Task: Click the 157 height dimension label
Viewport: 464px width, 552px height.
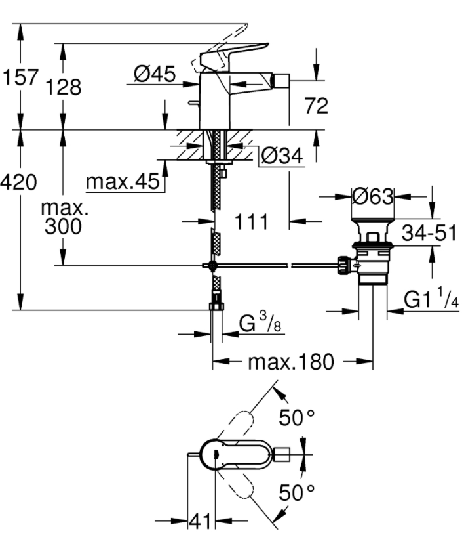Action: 20,77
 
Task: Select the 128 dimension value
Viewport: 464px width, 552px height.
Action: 64,87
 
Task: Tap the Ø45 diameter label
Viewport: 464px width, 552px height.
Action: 155,74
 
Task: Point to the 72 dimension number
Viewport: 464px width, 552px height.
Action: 317,105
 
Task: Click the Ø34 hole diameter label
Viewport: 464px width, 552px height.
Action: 282,156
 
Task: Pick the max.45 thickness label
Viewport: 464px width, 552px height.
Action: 123,182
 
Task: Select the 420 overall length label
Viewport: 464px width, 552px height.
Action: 18,182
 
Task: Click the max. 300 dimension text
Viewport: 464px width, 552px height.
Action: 64,217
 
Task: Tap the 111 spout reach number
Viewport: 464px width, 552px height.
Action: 251,222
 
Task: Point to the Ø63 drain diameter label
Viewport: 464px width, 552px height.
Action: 373,196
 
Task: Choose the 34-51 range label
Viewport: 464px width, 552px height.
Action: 429,233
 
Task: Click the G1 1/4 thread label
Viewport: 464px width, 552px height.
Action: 431,299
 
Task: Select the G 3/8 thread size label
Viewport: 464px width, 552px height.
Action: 260,323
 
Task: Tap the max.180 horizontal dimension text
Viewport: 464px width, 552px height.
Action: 291,362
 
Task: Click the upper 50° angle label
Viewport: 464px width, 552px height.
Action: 296,417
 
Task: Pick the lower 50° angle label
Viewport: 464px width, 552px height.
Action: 296,492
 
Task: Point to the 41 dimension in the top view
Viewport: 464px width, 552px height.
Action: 200,521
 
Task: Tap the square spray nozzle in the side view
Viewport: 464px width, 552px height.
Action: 281,81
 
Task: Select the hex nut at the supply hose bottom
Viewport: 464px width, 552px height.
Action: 216,306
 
